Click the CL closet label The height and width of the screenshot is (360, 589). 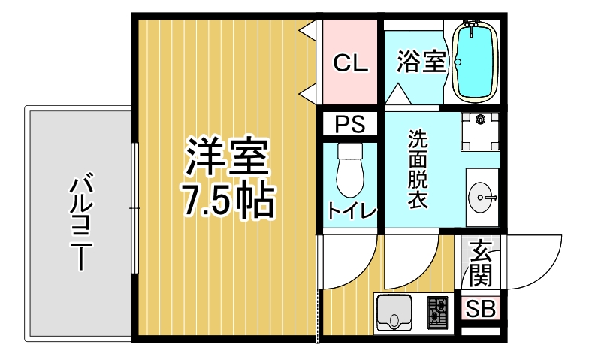(x=350, y=63)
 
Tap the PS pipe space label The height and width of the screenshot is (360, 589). (x=350, y=123)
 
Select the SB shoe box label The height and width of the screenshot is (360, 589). (x=481, y=310)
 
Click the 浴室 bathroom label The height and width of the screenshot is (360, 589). (x=422, y=62)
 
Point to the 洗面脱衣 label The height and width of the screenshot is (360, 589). (x=418, y=168)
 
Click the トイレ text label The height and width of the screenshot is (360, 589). (x=352, y=210)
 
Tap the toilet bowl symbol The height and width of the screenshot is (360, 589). (x=350, y=177)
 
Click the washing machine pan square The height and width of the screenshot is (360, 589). (x=481, y=132)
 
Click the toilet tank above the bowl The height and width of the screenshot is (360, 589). (x=350, y=150)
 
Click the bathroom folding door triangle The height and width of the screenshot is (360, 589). (x=398, y=94)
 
